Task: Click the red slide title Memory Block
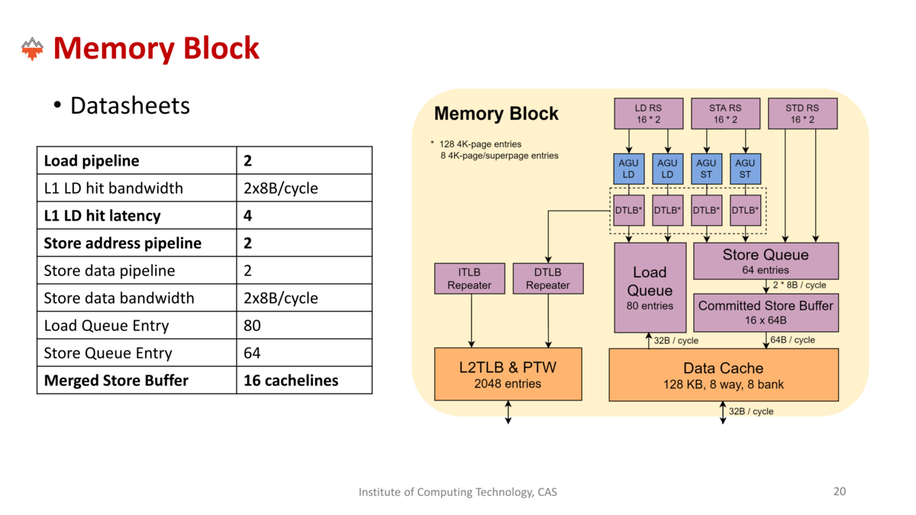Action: tap(156, 49)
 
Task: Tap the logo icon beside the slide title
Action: tap(32, 49)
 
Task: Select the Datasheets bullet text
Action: tap(130, 105)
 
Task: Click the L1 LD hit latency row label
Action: tap(102, 216)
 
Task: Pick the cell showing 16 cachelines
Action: tap(291, 380)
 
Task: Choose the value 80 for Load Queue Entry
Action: tap(252, 326)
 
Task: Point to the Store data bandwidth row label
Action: tap(119, 298)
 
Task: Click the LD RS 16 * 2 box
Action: tap(649, 114)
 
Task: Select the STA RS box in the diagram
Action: tap(725, 114)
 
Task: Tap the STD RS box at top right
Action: tap(801, 114)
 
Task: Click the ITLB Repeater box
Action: tap(469, 278)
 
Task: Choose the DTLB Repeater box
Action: tap(548, 278)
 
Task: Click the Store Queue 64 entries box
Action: tap(766, 261)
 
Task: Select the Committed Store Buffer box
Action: tap(766, 312)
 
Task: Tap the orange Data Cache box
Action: tap(723, 375)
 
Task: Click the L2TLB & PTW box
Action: tap(508, 375)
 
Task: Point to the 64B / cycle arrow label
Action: tap(792, 340)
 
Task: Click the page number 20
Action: tap(839, 492)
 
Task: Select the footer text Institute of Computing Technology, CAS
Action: tap(458, 492)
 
